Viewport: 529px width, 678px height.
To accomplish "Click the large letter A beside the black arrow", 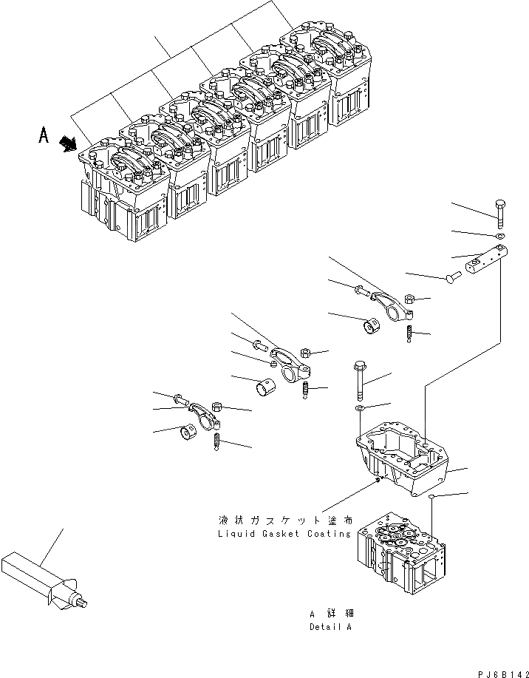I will [44, 136].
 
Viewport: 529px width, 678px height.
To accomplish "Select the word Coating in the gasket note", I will [328, 533].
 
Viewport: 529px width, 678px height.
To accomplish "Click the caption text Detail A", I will [331, 626].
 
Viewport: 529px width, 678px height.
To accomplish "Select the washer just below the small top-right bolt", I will [501, 237].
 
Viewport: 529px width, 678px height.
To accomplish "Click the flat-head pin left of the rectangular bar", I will [450, 277].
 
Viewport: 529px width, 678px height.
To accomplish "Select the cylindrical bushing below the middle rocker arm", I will [264, 386].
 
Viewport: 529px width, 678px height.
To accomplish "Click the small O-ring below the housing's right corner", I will [431, 498].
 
